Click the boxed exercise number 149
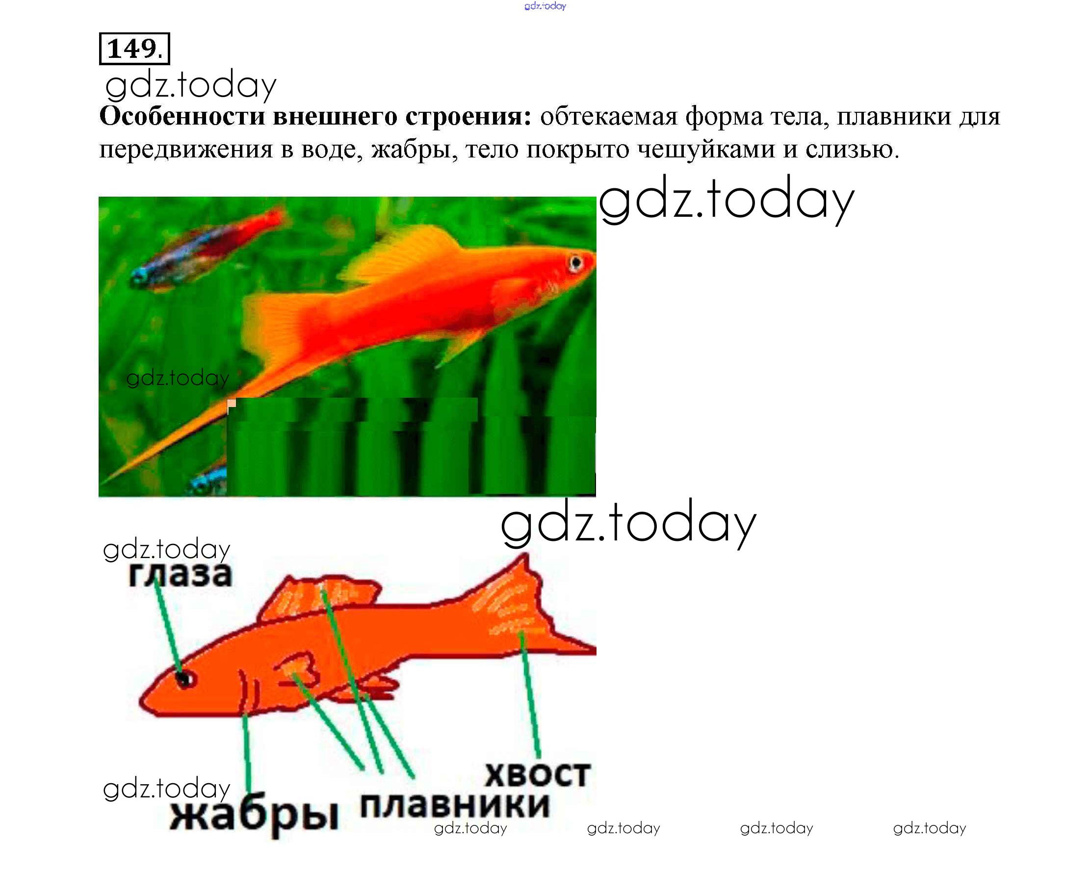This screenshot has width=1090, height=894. coord(134,49)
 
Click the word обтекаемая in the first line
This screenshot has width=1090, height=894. coord(608,117)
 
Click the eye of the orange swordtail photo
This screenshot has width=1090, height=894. coord(575,263)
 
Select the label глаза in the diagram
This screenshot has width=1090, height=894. coord(181,575)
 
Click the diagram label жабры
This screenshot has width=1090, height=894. coord(254,817)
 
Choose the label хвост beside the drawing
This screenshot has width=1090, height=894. coord(537,774)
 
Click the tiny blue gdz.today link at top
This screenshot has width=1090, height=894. coord(545,6)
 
